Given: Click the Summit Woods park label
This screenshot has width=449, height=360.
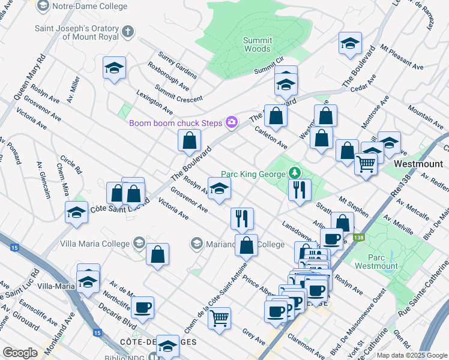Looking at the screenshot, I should coord(257,44).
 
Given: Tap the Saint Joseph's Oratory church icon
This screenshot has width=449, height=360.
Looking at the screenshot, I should coord(127,31).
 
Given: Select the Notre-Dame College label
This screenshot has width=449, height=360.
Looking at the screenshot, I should coord(90,6).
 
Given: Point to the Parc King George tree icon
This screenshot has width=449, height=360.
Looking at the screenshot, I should coord(294,173).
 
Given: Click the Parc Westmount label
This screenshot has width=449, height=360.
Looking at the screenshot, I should coord(376,261).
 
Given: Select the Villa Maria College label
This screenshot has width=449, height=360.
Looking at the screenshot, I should coord(95,244).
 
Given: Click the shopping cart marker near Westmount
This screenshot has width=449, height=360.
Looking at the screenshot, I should coord(366,163).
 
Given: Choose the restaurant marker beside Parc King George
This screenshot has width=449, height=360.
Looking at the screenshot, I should coord(300,189).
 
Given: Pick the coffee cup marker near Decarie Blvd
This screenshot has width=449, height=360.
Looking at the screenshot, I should coord(143,308).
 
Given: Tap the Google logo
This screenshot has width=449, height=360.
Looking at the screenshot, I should coord(19,353).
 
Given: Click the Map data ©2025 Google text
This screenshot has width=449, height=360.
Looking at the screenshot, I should coord(411,355).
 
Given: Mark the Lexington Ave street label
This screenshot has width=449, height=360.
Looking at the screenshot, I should coord(155,103).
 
